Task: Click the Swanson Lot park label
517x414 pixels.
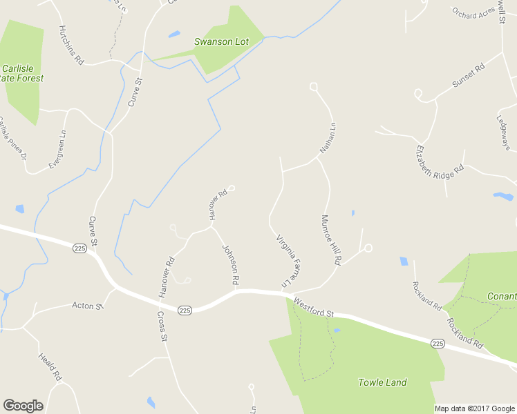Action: (x=221, y=42)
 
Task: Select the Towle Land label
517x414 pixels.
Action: (x=382, y=382)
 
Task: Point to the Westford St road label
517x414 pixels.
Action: (x=313, y=308)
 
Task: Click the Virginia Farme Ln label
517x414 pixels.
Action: (x=291, y=261)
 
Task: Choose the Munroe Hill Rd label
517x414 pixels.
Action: (x=331, y=240)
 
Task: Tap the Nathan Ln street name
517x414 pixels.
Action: (x=328, y=137)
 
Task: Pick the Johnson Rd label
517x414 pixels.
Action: (x=231, y=265)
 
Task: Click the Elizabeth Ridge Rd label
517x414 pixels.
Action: (x=440, y=163)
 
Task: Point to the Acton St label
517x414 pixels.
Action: (x=88, y=306)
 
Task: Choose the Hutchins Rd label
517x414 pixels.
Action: (x=71, y=45)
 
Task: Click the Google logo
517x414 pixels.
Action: (x=23, y=406)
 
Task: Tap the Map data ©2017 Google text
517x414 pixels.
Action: (x=474, y=408)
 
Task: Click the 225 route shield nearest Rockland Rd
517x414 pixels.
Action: (x=437, y=343)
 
